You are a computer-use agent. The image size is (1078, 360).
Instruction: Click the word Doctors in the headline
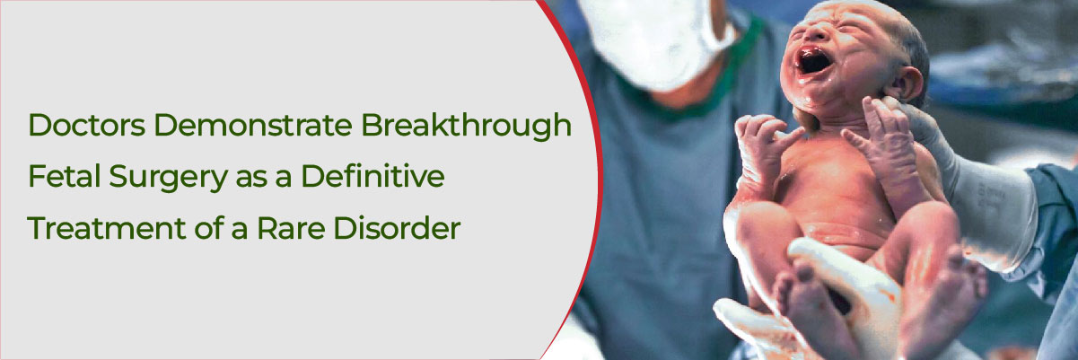coord(87,125)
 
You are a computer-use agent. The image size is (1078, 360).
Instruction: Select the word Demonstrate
coord(253,125)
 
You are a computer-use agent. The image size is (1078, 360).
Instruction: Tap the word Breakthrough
coord(467,126)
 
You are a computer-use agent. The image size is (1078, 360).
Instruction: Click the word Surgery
coord(169,178)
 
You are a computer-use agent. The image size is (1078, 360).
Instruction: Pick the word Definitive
coord(373,176)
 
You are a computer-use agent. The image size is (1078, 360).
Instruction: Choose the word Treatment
coord(106,228)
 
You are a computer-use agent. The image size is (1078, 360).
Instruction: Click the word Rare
coord(291,229)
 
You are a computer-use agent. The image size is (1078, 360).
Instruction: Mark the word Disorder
coord(397,228)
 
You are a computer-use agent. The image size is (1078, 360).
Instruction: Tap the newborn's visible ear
coord(907,83)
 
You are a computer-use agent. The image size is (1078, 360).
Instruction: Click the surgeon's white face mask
coord(657,41)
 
